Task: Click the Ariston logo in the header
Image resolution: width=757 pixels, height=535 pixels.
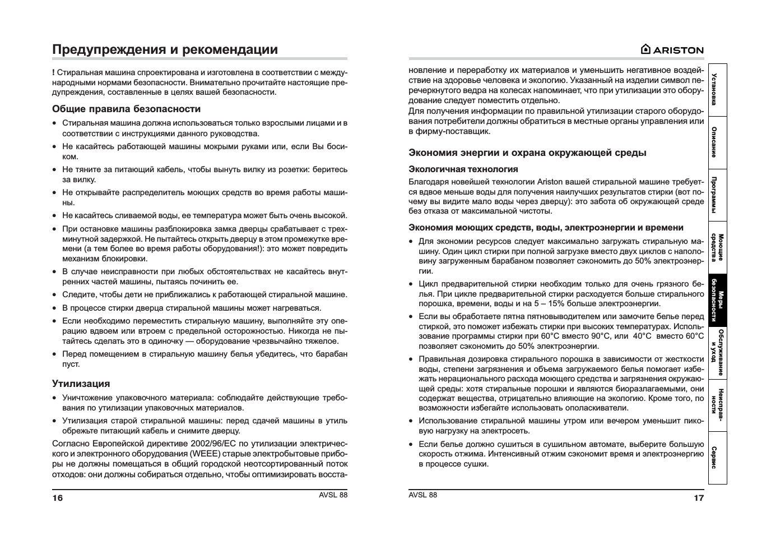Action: point(672,49)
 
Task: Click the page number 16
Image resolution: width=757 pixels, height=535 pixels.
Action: point(58,498)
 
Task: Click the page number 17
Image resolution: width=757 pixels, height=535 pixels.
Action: point(699,497)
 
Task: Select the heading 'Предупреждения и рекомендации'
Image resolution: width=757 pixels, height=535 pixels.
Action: point(165,49)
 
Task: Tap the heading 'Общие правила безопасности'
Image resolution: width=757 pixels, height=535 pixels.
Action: point(126,109)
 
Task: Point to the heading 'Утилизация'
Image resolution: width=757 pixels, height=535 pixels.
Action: point(81,384)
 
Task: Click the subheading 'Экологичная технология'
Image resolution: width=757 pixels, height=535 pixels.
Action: point(463,169)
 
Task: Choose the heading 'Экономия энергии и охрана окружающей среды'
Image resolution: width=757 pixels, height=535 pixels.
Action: point(527,153)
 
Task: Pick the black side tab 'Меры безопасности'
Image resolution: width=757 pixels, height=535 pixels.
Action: point(717,300)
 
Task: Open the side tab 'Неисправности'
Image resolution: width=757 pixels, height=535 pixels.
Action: point(717,405)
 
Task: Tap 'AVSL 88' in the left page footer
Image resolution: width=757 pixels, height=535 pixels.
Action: point(333,495)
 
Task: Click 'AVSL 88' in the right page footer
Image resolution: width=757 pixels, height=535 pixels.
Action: point(423,495)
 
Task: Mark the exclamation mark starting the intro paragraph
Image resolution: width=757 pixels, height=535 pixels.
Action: point(53,72)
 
